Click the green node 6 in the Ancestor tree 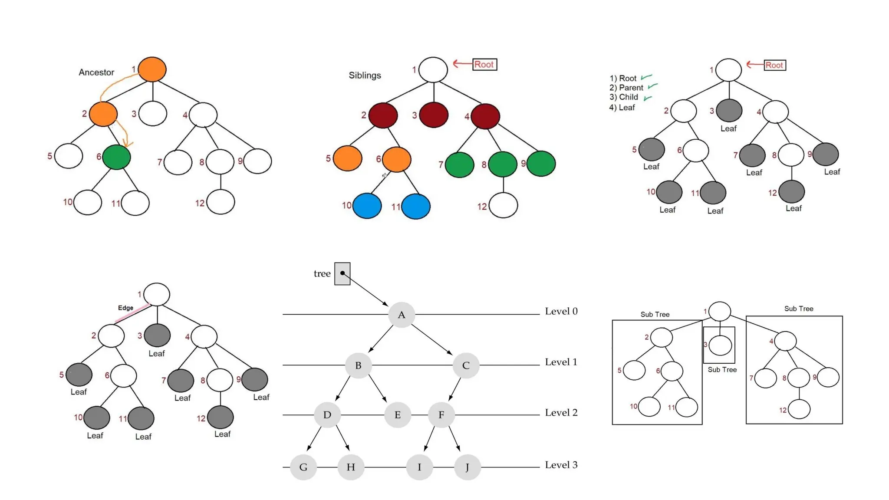(x=116, y=157)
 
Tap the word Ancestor (x=96, y=72)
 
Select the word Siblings (x=365, y=76)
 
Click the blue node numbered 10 (x=367, y=206)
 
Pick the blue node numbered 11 (x=415, y=207)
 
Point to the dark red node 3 (x=433, y=115)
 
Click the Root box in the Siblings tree (x=484, y=65)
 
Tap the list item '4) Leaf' (x=622, y=108)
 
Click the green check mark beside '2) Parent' (x=652, y=86)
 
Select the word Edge (x=125, y=308)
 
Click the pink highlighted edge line (x=132, y=313)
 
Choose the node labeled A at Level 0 (x=402, y=315)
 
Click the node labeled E (x=397, y=415)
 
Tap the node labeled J (x=467, y=467)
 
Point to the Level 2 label (x=561, y=413)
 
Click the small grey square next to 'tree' (x=342, y=273)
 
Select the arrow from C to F (x=455, y=389)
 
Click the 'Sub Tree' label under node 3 (x=722, y=370)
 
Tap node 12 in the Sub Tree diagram (x=799, y=409)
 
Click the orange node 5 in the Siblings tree (x=347, y=158)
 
